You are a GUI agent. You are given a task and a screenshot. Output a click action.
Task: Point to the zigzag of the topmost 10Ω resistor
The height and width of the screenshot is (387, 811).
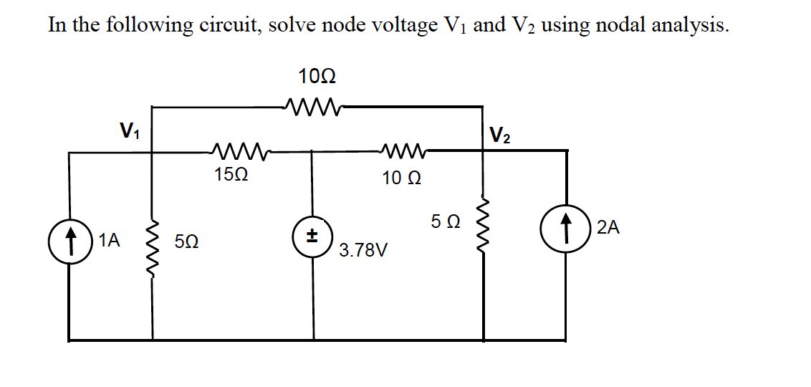313,107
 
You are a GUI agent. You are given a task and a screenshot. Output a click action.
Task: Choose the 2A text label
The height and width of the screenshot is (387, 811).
608,229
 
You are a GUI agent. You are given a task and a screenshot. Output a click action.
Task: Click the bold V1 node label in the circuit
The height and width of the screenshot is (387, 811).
130,131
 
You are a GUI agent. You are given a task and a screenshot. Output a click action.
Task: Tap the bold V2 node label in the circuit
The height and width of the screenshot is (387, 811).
500,135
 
